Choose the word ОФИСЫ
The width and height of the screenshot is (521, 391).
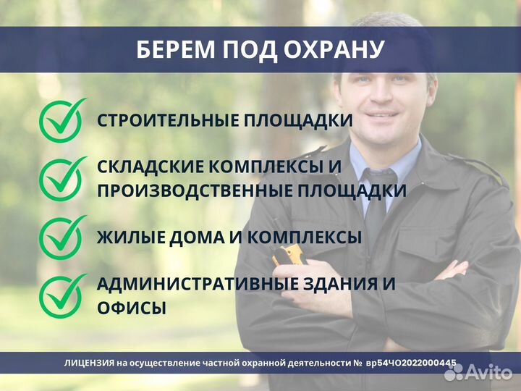pyautogui.click(x=132, y=308)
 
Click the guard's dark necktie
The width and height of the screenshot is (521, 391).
pyautogui.click(x=377, y=199)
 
